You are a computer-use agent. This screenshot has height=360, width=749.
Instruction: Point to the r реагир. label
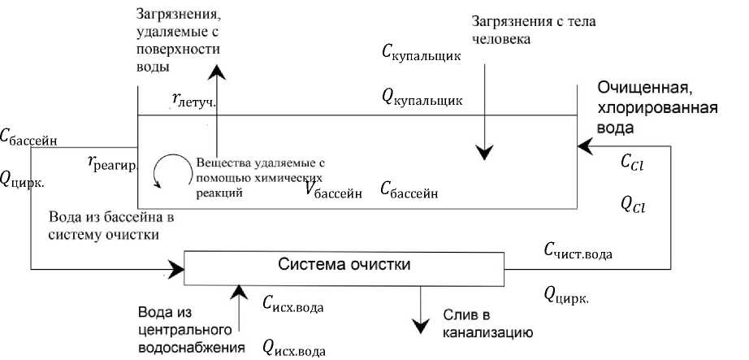[x=113, y=162]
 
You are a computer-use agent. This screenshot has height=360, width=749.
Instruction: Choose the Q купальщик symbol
[x=422, y=99]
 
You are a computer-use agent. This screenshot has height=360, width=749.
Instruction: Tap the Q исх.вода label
[x=293, y=347]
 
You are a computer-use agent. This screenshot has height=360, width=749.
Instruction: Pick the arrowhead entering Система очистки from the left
[x=176, y=266]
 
